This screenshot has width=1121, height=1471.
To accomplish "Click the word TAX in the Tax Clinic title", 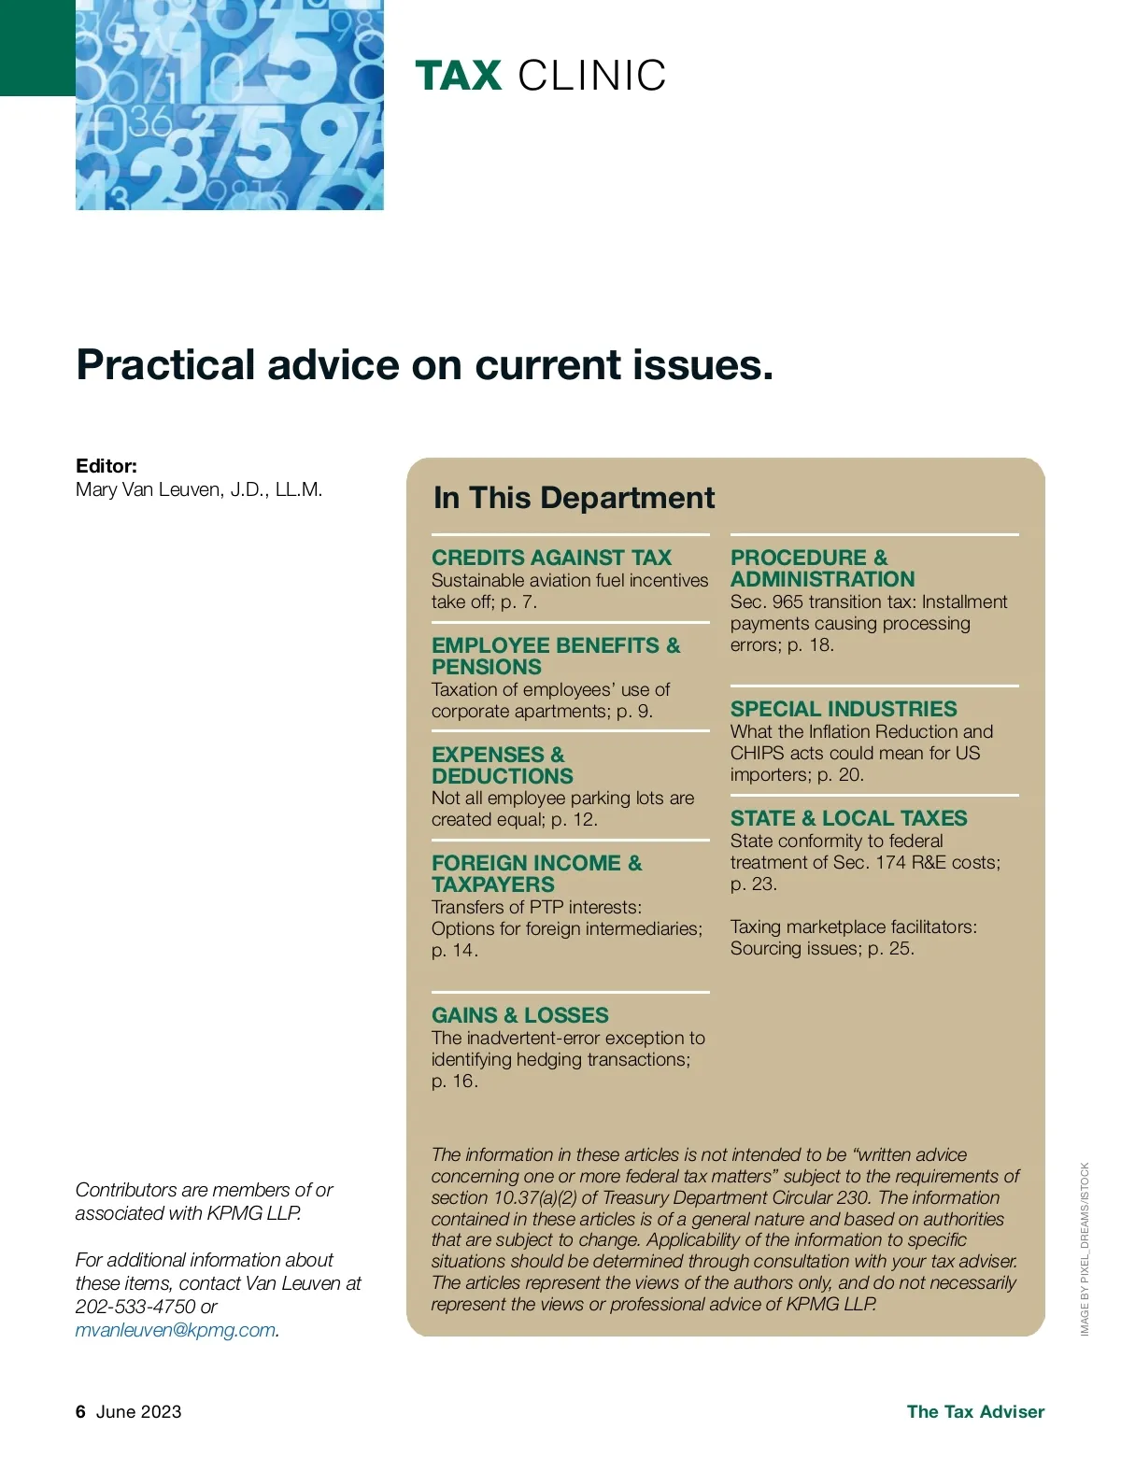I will point(459,76).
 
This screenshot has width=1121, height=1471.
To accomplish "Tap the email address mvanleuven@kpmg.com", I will point(176,1330).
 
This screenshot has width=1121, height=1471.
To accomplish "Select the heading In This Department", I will point(574,498).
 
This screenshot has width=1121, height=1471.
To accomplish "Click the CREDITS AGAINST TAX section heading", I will point(551,558).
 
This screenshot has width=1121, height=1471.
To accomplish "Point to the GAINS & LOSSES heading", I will point(519,1015).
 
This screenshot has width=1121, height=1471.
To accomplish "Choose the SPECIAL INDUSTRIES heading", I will point(844,709).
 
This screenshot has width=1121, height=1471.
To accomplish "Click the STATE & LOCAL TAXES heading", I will point(848,818).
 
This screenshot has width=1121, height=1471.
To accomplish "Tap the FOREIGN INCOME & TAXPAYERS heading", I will point(536,873).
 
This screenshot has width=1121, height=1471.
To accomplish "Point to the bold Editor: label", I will point(106,466).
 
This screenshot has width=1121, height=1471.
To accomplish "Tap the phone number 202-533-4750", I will point(135,1307).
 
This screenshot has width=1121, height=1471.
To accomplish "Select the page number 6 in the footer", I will point(80,1412).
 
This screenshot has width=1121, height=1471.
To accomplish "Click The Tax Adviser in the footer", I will point(975,1412).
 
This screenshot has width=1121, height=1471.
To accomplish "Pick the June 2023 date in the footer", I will point(138,1412).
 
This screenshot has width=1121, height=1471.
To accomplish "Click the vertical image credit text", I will point(1085,1249).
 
